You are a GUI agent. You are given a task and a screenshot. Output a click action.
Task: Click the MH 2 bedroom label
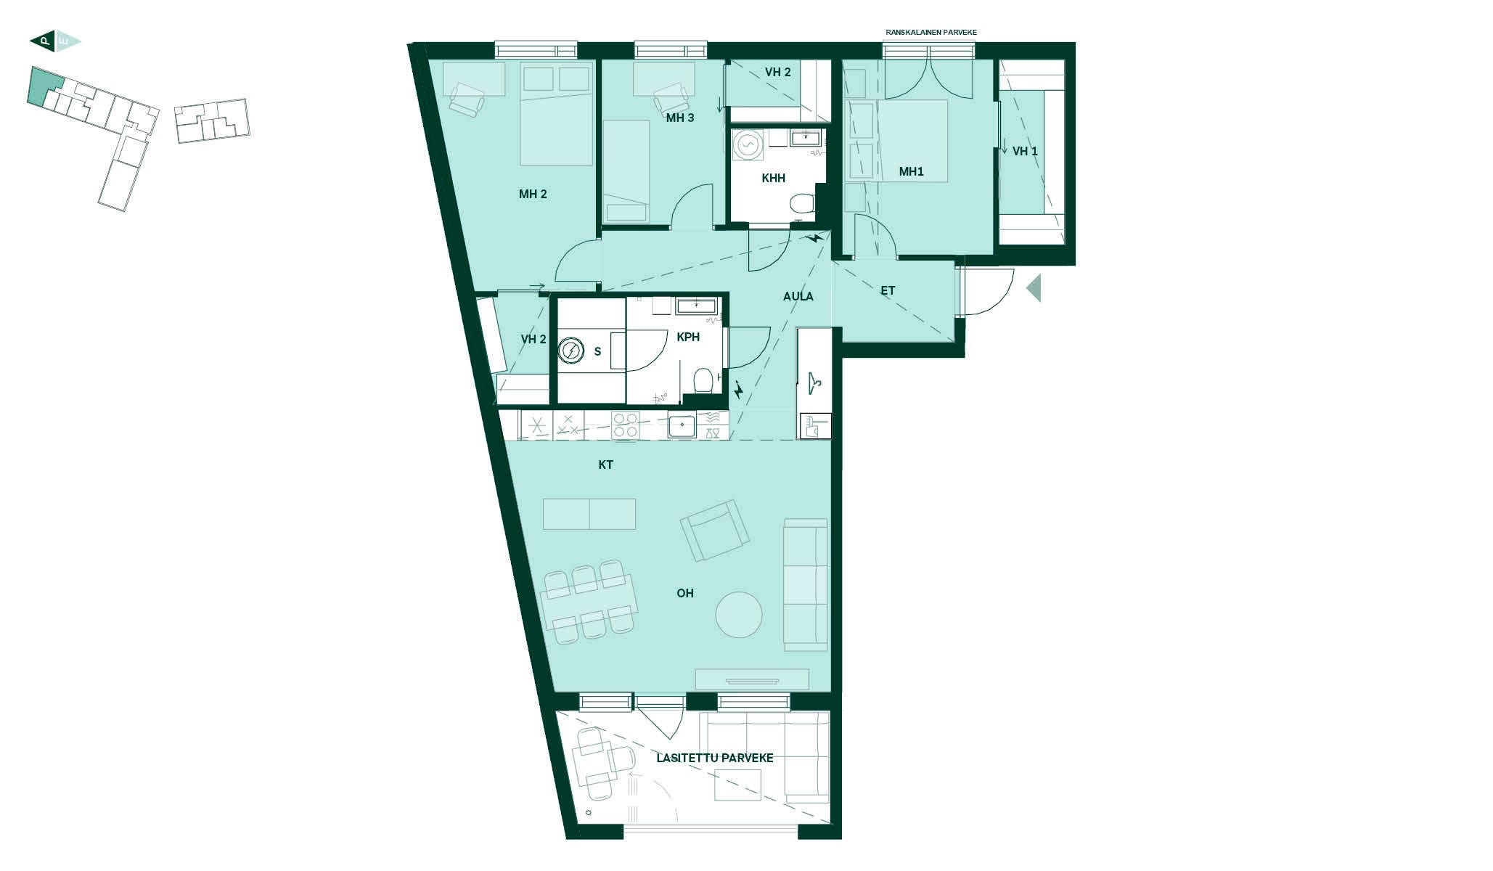tap(533, 194)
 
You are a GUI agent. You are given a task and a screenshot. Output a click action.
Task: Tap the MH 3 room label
tap(680, 118)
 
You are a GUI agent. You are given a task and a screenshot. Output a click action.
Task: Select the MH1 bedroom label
tap(911, 171)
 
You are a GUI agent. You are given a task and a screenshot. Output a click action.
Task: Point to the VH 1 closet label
tap(1025, 151)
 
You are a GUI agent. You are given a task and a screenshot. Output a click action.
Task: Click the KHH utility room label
tap(774, 178)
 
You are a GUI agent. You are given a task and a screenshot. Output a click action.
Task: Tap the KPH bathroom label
tap(688, 337)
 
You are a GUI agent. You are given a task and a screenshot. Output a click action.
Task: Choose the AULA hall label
tap(798, 296)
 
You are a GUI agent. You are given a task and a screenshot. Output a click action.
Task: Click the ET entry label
tap(888, 290)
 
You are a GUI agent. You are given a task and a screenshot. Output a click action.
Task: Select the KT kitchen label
tap(605, 465)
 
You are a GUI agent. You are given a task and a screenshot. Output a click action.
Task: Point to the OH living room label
tap(685, 593)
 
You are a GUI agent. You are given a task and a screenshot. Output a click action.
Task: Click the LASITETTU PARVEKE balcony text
tap(715, 758)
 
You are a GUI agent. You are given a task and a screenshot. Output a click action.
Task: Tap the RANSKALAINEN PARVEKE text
tap(931, 33)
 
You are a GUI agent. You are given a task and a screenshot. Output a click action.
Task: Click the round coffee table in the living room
tap(739, 615)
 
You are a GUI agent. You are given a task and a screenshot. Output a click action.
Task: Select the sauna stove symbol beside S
tap(571, 351)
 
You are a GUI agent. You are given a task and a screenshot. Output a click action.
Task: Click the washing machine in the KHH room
tap(747, 144)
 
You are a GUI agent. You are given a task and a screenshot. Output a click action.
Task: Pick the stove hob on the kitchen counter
tap(625, 425)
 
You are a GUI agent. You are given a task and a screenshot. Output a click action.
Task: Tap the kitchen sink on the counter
tap(682, 425)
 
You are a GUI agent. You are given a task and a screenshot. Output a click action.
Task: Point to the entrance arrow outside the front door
tap(1034, 288)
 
